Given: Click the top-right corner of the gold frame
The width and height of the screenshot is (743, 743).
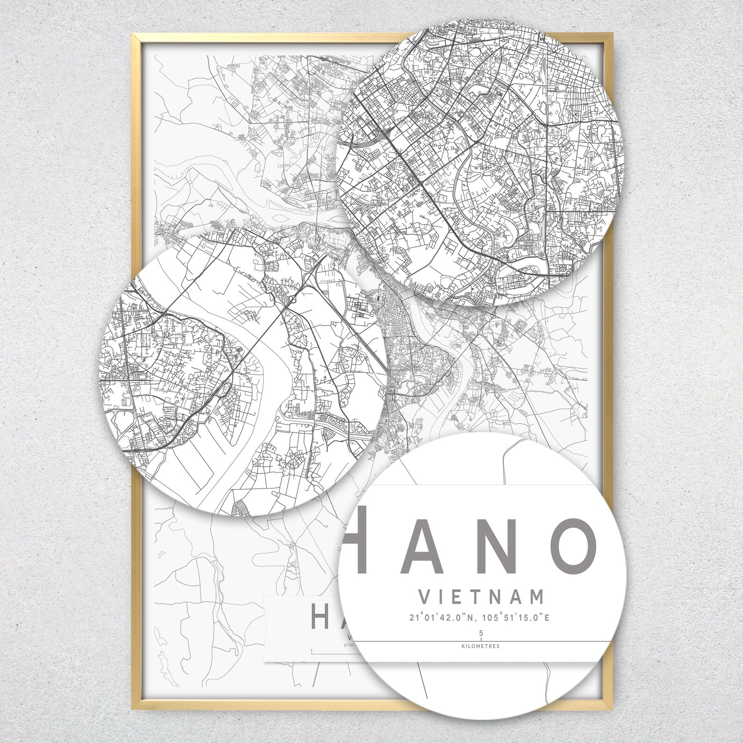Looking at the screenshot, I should pyautogui.click(x=609, y=34).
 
